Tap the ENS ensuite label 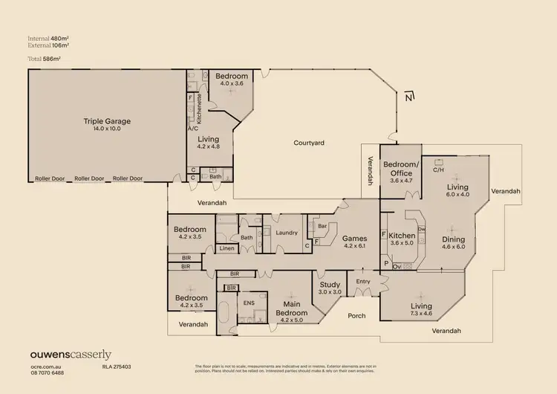tap(249, 303)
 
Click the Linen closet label tap(227, 248)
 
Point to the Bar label tap(322, 226)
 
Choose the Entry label tap(362, 281)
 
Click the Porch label tap(357, 315)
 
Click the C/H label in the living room tap(438, 169)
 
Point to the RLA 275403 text tap(117, 366)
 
